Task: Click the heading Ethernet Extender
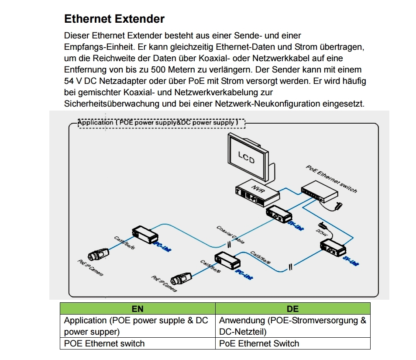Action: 114,19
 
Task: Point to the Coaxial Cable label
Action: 230,235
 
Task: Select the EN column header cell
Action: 138,308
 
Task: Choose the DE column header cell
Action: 292,308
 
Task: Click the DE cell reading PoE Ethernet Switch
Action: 259,343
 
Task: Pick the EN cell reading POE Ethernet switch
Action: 104,343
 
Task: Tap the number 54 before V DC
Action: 69,81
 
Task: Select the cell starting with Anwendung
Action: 292,326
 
